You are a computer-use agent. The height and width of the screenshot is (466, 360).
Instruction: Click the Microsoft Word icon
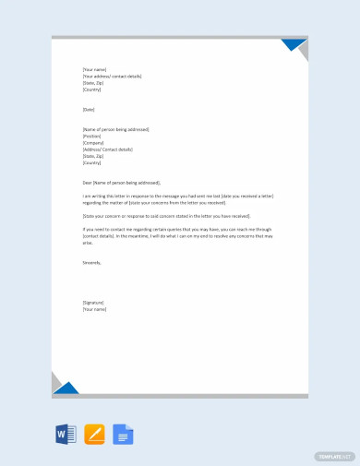66,434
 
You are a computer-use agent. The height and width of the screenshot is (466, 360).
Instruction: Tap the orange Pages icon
94,434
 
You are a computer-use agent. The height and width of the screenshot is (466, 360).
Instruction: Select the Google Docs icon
123,434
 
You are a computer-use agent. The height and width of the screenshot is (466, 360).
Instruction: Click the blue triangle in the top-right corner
294,45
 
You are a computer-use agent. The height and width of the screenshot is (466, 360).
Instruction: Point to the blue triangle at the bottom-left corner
66,387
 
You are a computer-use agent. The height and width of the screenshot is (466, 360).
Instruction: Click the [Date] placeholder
89,110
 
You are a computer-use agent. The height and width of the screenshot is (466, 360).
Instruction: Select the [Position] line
92,136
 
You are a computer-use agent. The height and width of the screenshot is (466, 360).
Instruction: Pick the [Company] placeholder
93,142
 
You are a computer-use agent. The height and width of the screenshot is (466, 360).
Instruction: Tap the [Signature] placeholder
94,302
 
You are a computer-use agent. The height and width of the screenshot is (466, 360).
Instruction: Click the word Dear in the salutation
87,183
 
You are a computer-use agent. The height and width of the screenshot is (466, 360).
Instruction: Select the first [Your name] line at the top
95,70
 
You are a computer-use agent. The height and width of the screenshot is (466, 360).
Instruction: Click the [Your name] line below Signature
95,309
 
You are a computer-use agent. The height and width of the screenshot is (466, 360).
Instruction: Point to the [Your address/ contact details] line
113,77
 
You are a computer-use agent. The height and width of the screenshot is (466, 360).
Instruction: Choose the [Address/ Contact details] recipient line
108,149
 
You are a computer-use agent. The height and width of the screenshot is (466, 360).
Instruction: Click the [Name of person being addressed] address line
115,129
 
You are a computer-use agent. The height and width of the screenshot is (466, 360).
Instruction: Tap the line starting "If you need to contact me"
175,229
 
